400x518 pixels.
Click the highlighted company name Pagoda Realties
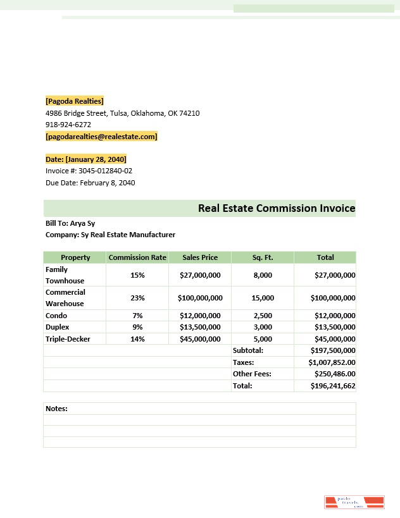(x=75, y=101)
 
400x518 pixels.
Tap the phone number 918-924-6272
(x=68, y=125)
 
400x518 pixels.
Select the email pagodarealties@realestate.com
(x=101, y=137)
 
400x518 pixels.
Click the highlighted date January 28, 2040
(x=86, y=159)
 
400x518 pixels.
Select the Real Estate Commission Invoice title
(x=277, y=208)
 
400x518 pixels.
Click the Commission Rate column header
(x=137, y=257)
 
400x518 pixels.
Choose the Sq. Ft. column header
(x=263, y=257)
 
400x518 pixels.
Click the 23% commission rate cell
(x=137, y=298)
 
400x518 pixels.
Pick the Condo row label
(x=56, y=316)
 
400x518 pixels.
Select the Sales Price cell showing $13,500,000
(x=200, y=327)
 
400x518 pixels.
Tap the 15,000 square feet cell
(x=263, y=298)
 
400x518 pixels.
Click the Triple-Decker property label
(x=68, y=339)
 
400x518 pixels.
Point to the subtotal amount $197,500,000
(x=333, y=350)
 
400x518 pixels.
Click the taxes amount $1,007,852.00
(x=332, y=362)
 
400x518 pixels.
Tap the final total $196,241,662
(x=333, y=386)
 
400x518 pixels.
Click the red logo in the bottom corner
(x=354, y=502)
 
